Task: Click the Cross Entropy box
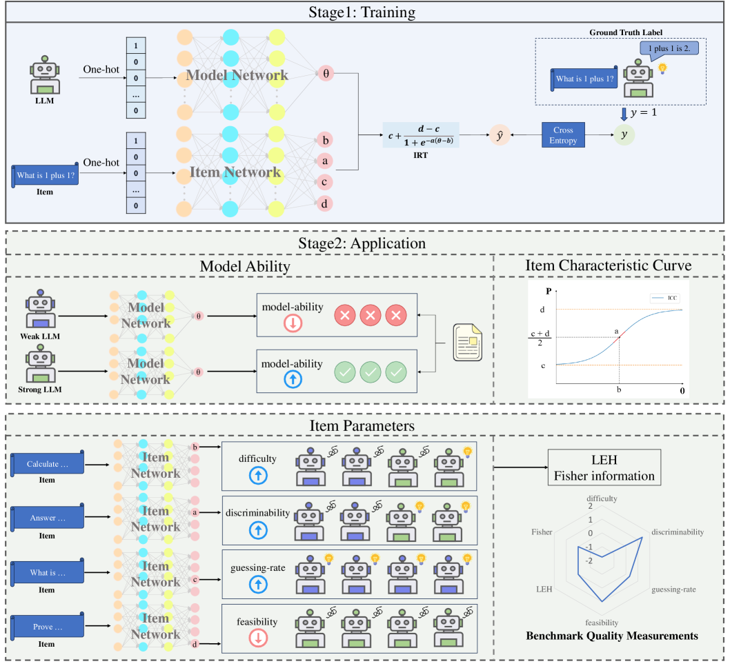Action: [562, 134]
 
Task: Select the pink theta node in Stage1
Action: [326, 74]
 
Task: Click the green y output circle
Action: [624, 134]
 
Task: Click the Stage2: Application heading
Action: [365, 243]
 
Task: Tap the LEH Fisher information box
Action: [604, 468]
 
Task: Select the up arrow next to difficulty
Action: [258, 475]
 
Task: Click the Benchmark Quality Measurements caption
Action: [611, 636]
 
